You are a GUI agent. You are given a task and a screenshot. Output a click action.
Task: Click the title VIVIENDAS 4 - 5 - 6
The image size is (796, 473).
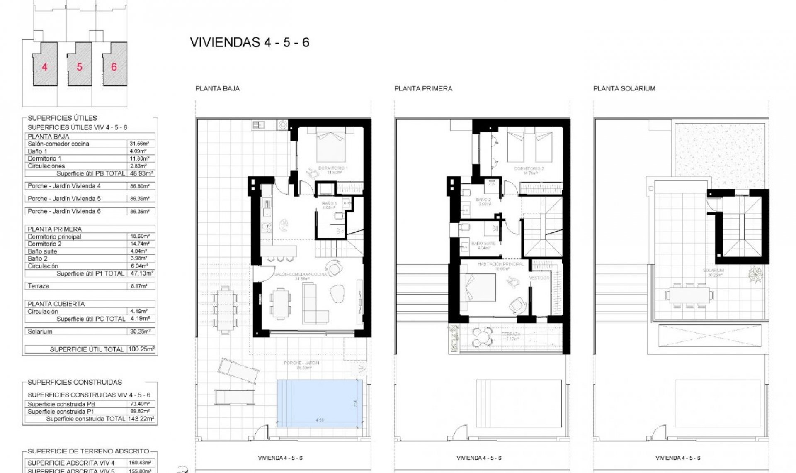point(250,42)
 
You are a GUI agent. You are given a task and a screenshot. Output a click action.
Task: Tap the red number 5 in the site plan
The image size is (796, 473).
point(80,66)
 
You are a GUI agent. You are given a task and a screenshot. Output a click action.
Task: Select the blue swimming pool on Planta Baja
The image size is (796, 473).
point(319,403)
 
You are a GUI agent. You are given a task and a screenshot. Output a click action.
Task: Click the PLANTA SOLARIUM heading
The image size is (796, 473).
point(624,88)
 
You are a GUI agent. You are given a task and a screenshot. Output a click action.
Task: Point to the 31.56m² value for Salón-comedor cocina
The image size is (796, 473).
point(140,144)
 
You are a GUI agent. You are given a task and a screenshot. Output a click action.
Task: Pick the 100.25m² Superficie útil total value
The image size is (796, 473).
point(141,349)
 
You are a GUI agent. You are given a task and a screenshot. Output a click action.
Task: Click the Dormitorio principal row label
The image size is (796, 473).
point(54,236)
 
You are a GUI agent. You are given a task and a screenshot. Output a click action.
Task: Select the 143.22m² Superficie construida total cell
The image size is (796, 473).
point(141,419)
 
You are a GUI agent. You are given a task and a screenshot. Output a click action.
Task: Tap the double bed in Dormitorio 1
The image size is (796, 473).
point(331,145)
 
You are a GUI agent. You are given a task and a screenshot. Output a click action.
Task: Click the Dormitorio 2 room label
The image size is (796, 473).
point(529,169)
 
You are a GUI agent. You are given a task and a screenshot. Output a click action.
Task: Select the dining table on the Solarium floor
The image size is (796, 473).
point(689,295)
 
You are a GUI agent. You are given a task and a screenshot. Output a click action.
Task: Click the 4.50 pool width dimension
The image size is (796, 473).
point(319,420)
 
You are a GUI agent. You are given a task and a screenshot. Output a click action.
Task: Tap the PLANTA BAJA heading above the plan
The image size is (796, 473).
point(217,88)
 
